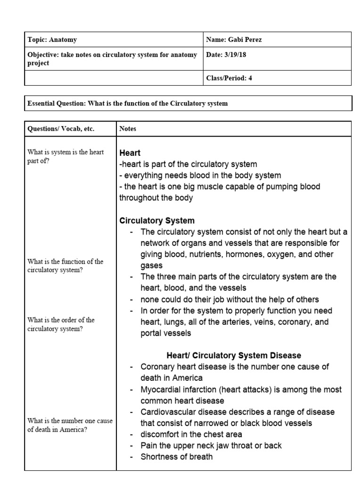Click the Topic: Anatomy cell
pyautogui.click(x=52, y=40)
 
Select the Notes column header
pyautogui.click(x=128, y=129)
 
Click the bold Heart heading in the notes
pyautogui.click(x=130, y=153)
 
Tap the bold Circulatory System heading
pyautogui.click(x=157, y=220)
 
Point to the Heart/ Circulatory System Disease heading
pyautogui.click(x=234, y=355)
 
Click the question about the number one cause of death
pyautogui.click(x=70, y=425)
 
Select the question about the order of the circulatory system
pyautogui.click(x=61, y=324)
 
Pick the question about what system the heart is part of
pyautogui.click(x=66, y=156)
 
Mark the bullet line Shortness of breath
pyautogui.click(x=176, y=457)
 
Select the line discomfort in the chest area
pyautogui.click(x=192, y=434)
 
